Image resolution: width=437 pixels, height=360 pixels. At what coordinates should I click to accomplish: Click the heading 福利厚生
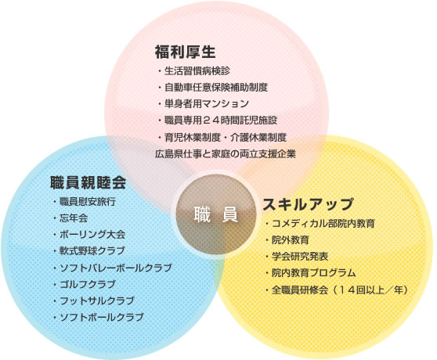coord(186,52)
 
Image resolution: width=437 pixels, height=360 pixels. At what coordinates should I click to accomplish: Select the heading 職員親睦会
coord(88,182)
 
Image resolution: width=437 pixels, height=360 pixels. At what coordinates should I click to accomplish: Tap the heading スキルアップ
coord(308,204)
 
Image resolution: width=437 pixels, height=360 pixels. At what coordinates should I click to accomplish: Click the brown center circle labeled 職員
coord(216,214)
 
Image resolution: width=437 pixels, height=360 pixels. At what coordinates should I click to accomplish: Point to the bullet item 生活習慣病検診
coord(197,71)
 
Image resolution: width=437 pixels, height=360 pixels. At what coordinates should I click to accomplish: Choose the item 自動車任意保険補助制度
coord(216,88)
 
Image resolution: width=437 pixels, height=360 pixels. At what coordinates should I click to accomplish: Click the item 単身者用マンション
coord(207,104)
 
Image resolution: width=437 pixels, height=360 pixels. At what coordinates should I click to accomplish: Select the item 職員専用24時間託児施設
coord(221,121)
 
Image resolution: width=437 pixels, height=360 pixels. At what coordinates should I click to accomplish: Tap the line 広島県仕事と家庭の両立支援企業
coord(226,153)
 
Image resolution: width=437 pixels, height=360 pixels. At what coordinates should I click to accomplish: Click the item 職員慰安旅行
coord(88,202)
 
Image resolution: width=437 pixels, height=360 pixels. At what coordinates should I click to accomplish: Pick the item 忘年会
coord(74,218)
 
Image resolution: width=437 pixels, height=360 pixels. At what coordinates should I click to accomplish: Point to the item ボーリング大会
coord(92,235)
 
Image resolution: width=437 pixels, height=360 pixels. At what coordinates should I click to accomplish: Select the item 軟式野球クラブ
coord(92,251)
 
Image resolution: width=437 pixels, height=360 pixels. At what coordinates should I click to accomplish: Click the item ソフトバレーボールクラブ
coord(116,268)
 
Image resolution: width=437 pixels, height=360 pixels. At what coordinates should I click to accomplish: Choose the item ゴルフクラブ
coord(88,284)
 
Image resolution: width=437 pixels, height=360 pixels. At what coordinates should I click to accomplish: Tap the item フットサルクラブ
coord(97,301)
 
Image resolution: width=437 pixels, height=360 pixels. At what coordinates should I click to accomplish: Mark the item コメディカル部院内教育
coord(323,223)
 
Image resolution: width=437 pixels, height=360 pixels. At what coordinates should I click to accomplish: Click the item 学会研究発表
coord(300,257)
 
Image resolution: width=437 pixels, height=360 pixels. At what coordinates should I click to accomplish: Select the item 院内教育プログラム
coord(314,273)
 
